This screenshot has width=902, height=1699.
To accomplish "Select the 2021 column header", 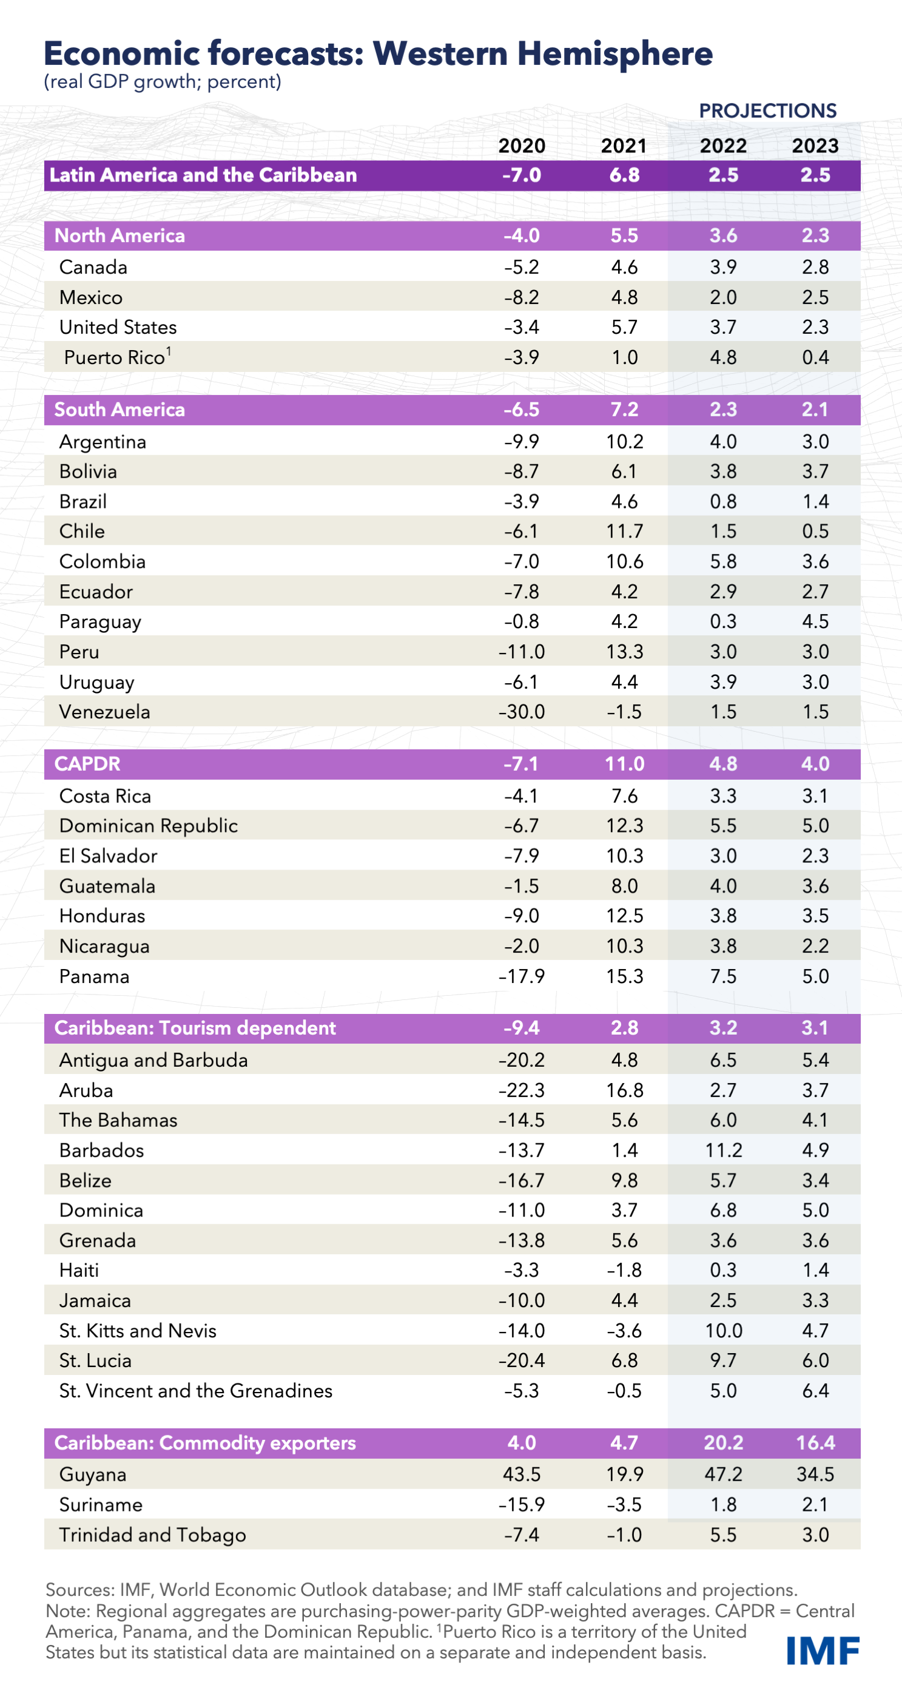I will click(x=624, y=146).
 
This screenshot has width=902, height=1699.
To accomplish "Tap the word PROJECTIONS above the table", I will click(x=767, y=111).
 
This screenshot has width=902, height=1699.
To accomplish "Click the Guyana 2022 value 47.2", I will click(x=723, y=1474).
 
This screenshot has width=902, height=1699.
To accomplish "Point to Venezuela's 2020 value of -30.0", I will click(x=522, y=712).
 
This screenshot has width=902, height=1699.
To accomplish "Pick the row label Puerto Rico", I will click(x=115, y=357).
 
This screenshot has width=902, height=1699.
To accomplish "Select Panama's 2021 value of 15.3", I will click(x=624, y=976).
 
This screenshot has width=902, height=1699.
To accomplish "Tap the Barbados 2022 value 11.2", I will click(x=723, y=1150).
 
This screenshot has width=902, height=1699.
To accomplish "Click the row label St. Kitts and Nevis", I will click(x=138, y=1330).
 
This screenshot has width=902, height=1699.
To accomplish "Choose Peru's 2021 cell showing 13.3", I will click(x=624, y=652).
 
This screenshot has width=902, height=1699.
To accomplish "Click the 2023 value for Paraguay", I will click(x=815, y=621).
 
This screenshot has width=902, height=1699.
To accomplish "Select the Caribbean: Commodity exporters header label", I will click(x=205, y=1442).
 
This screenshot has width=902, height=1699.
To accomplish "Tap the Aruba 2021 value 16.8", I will click(x=624, y=1090).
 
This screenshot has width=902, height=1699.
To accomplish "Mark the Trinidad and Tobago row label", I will click(x=152, y=1535).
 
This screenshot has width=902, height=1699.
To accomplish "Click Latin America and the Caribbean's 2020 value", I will click(x=522, y=175).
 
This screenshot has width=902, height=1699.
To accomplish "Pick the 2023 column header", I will click(x=815, y=146).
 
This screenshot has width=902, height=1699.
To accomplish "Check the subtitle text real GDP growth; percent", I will click(x=163, y=82).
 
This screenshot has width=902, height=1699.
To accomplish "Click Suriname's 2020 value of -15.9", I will click(x=522, y=1504).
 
